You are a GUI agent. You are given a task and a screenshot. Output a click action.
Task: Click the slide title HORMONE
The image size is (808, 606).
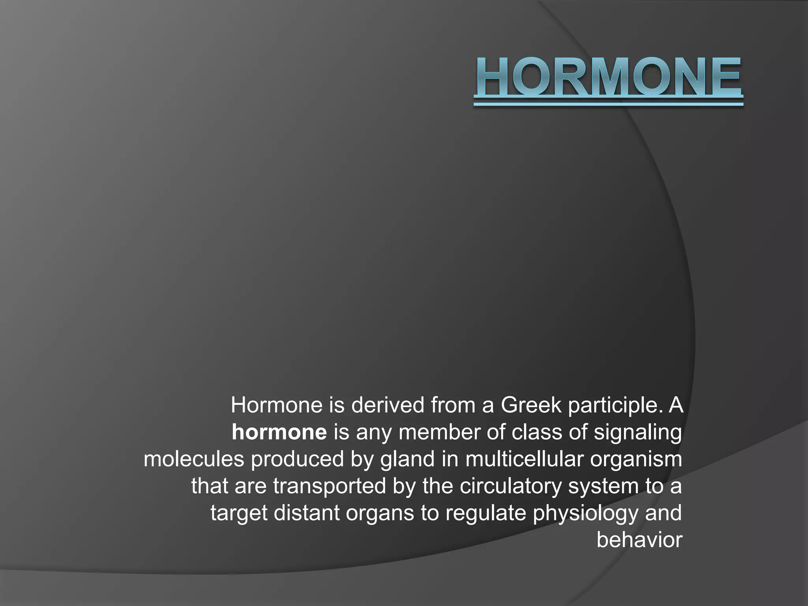click(x=608, y=77)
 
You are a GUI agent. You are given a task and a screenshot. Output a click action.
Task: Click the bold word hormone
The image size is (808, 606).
click(x=279, y=432)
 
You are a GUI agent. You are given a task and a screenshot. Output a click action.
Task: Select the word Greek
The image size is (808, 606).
click(x=531, y=406)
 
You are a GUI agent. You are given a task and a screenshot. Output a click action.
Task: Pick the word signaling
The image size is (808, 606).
click(x=638, y=432)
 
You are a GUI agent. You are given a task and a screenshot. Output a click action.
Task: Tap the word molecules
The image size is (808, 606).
click(x=194, y=459)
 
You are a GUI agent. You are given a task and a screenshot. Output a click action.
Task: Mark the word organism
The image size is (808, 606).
click(x=636, y=459)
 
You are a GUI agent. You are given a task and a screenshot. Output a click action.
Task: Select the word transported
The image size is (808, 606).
click(x=329, y=486)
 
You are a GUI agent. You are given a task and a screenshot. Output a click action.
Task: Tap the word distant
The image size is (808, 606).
click(x=307, y=513)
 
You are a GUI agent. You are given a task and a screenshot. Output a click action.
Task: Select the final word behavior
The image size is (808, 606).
click(x=639, y=540)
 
